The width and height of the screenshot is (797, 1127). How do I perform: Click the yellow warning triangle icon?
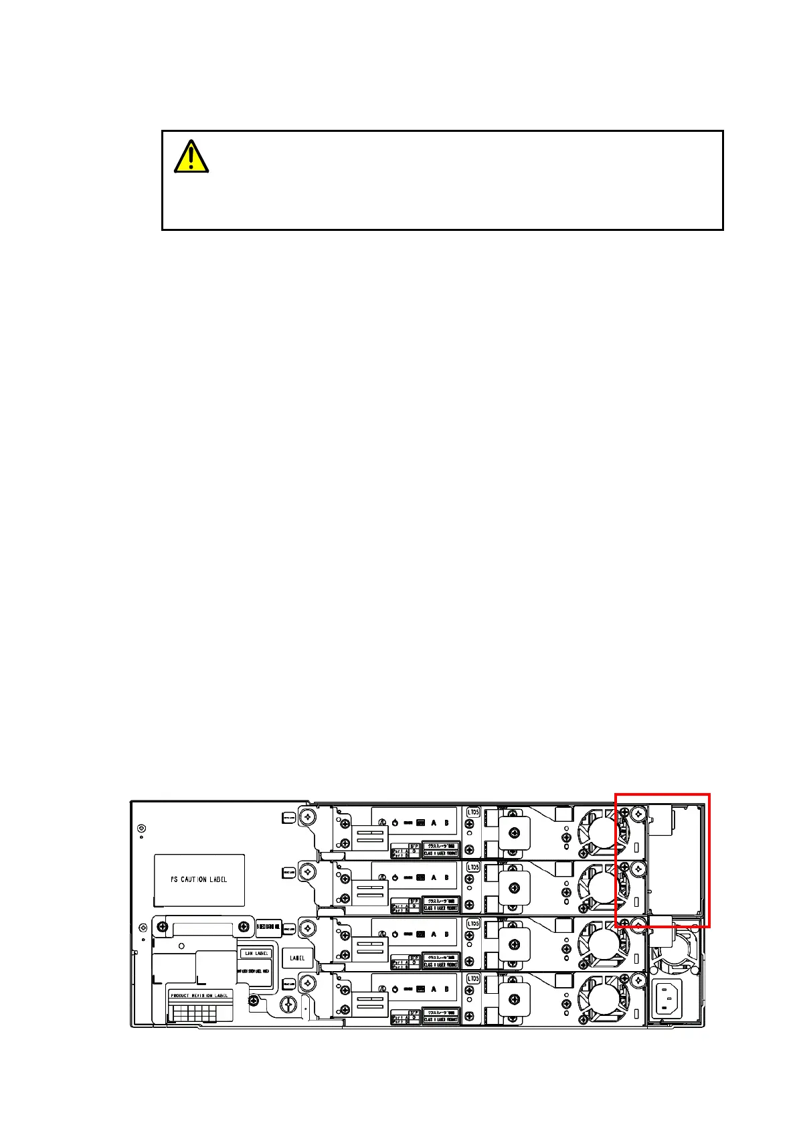coord(191,157)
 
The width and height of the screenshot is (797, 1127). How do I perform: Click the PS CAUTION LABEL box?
coord(199,879)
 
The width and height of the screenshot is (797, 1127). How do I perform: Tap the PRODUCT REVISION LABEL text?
coord(199,995)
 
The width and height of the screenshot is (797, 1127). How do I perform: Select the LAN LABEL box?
coord(256,953)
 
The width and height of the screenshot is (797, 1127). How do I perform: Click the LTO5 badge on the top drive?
coord(473,812)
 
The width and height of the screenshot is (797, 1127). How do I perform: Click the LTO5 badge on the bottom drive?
coord(473,979)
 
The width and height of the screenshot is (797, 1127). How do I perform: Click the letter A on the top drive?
coord(434,822)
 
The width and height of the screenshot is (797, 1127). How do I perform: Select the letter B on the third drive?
coord(446,934)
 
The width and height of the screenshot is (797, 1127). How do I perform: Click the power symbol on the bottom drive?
coord(395,989)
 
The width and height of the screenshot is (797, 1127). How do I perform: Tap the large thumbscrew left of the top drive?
coord(307,816)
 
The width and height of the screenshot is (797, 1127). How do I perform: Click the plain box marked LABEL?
coord(297,958)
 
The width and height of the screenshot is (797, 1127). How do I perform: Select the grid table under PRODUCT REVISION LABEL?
coord(199,1012)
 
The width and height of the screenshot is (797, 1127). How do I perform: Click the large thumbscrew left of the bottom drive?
coord(307,983)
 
